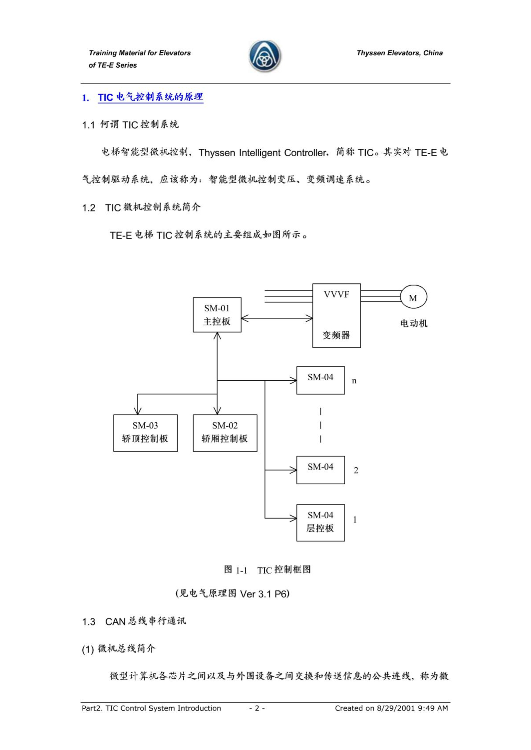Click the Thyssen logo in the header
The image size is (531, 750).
pos(265,56)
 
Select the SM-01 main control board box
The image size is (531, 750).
pos(217,314)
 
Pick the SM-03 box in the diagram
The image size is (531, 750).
pos(145,433)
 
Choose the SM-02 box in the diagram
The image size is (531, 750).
pos(225,433)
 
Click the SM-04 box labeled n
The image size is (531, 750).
pos(320,380)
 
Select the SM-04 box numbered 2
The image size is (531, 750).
pos(320,470)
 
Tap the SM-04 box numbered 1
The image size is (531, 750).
pos(320,522)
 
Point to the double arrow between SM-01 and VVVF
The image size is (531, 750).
pos(276,318)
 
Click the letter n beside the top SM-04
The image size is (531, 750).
pos(354,381)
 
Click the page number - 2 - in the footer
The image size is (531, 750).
pos(257,708)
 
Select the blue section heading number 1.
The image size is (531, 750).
pos(86,98)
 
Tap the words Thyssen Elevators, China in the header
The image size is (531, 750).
pos(399,53)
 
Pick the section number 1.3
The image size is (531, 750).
pos(89,622)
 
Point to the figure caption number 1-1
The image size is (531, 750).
pos(242,570)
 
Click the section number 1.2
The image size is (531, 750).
pos(89,208)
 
